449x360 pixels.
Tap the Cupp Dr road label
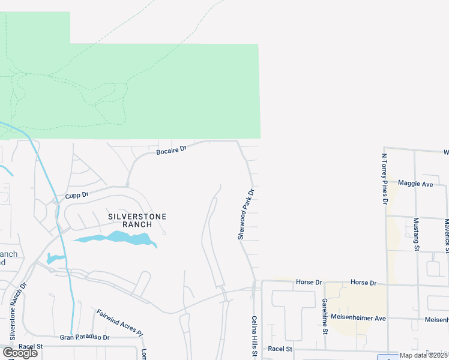pos(77,195)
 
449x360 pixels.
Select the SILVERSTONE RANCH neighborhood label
pos(137,220)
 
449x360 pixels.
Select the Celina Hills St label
pos(254,337)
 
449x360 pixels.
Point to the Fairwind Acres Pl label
pos(119,323)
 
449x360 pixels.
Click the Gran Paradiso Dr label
pos(85,337)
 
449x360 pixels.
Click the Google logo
pos(20,353)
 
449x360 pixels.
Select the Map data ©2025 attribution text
pos(424,355)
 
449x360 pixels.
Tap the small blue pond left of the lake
pos(54,259)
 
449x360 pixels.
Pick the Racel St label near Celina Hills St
pos(280,349)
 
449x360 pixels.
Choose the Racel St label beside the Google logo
pos(31,346)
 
